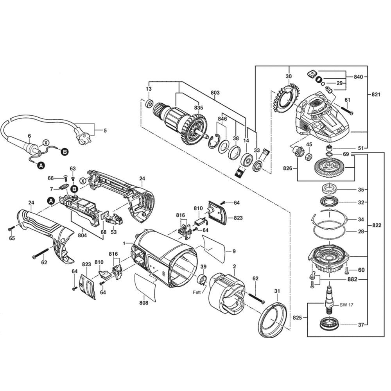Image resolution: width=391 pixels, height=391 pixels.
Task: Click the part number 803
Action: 215,93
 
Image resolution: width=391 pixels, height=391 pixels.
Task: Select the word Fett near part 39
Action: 197,292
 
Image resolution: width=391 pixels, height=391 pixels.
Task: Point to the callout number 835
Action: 199,108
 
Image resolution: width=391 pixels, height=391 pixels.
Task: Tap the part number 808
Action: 144,303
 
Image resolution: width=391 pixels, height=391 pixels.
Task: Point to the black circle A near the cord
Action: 40,166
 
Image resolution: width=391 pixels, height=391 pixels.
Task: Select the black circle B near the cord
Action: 64,151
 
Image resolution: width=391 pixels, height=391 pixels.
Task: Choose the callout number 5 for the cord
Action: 104,130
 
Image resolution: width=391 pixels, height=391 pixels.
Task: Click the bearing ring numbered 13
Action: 149,105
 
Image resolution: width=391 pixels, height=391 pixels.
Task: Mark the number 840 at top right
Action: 358,77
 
